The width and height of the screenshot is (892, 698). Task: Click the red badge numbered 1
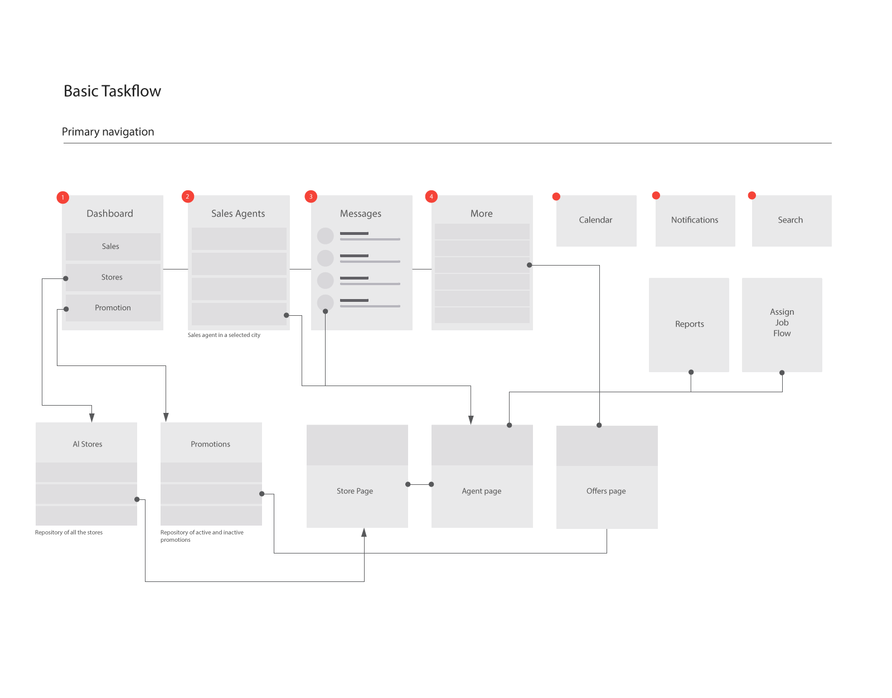(x=62, y=197)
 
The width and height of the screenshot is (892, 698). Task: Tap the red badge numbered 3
(x=311, y=196)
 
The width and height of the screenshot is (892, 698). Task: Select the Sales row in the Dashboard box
(x=113, y=247)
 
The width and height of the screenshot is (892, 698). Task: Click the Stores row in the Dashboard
(x=113, y=277)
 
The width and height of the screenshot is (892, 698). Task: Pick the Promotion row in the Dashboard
(x=113, y=308)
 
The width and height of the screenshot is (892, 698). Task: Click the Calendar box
(x=596, y=220)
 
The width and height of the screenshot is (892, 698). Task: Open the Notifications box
(x=695, y=220)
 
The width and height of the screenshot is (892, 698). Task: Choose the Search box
(x=792, y=220)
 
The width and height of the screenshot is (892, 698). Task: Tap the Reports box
(x=689, y=325)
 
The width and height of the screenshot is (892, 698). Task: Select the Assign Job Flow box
(x=782, y=325)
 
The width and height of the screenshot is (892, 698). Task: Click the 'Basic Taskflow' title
(x=112, y=91)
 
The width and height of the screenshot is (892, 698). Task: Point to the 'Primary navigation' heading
(x=108, y=132)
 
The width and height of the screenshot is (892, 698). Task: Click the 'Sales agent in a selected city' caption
(x=224, y=335)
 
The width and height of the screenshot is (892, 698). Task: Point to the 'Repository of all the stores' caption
(x=69, y=532)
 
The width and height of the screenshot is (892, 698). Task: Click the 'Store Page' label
(x=355, y=491)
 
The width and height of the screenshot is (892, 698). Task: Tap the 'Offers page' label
(x=606, y=491)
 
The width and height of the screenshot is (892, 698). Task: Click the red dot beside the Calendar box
(x=556, y=196)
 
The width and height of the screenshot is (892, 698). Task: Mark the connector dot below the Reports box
(x=691, y=372)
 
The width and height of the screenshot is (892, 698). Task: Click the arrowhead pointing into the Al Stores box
(x=92, y=417)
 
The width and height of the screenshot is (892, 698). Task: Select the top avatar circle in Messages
(x=325, y=236)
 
